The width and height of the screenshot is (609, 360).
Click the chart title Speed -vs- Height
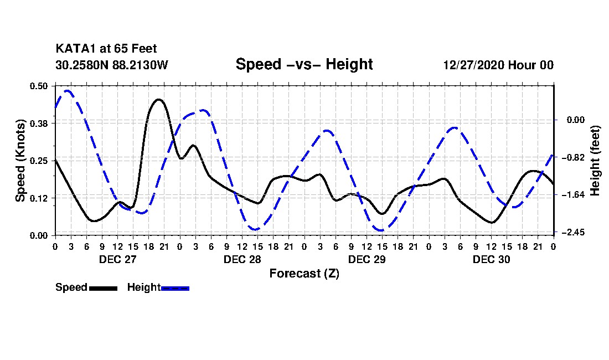(304, 64)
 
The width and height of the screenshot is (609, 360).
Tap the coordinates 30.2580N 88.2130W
(111, 65)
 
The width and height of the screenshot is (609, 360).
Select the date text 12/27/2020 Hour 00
(498, 65)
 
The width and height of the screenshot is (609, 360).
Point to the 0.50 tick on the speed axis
(39, 86)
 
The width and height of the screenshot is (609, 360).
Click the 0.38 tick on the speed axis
(39, 123)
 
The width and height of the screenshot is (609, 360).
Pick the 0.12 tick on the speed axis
(39, 198)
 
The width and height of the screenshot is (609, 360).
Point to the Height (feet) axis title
(595, 161)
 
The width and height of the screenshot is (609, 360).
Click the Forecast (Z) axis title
(304, 274)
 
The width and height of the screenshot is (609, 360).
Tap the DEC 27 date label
(117, 259)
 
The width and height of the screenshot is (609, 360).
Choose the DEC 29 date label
(367, 259)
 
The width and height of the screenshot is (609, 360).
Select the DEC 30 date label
(491, 259)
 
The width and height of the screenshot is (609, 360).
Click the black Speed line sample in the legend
(103, 288)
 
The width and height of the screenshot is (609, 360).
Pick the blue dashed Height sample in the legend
(176, 288)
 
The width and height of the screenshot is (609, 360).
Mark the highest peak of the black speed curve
(158, 100)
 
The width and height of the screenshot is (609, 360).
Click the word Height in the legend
(144, 287)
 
